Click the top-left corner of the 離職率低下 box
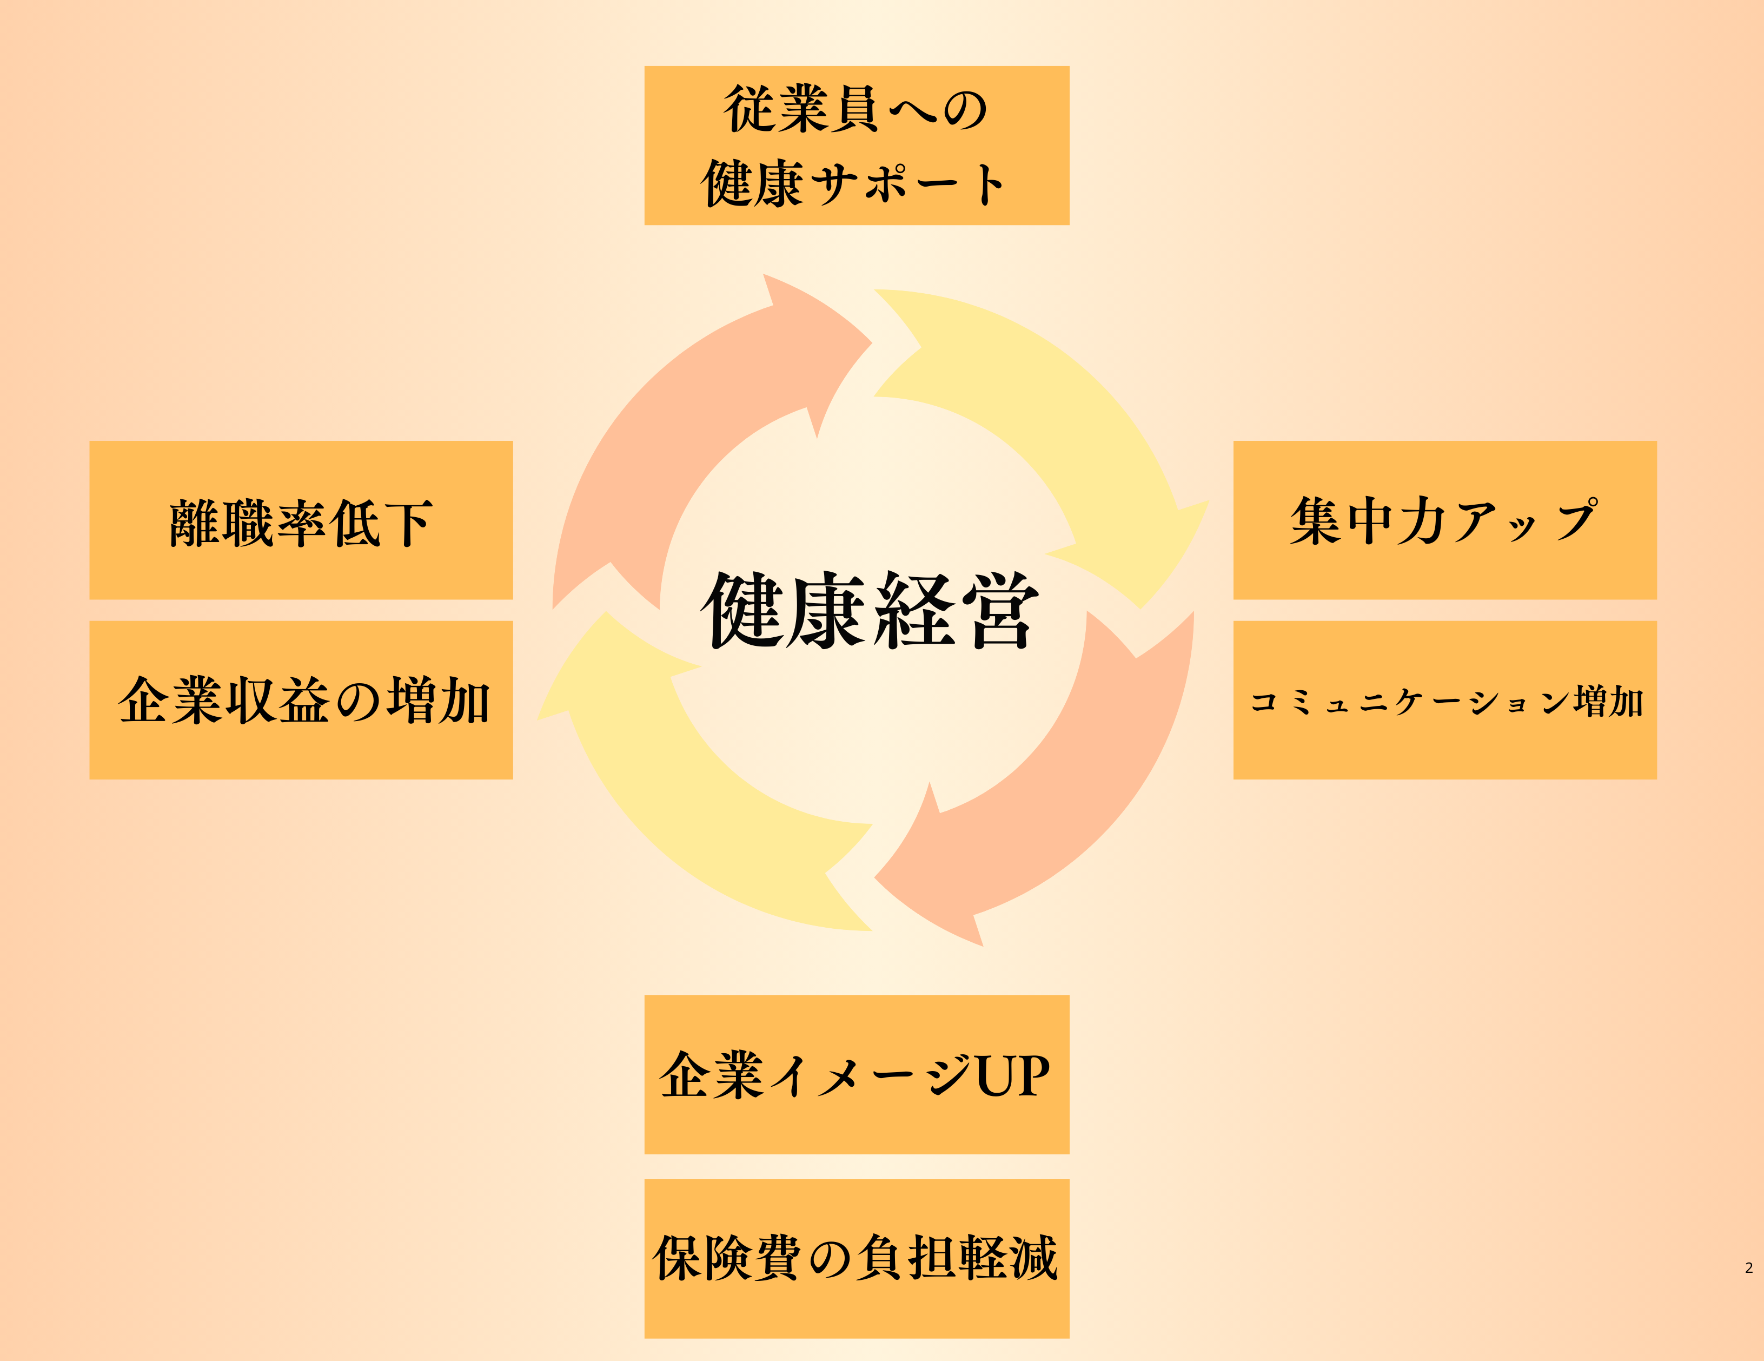(90, 441)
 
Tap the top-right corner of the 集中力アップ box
(1656, 441)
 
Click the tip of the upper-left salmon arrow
(872, 343)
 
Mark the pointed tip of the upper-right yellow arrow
(1140, 608)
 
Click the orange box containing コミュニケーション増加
(1445, 701)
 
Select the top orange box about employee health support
(857, 146)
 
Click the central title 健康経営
(870, 610)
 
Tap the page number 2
(1749, 1268)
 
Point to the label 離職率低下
(301, 523)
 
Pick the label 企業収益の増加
(304, 699)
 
